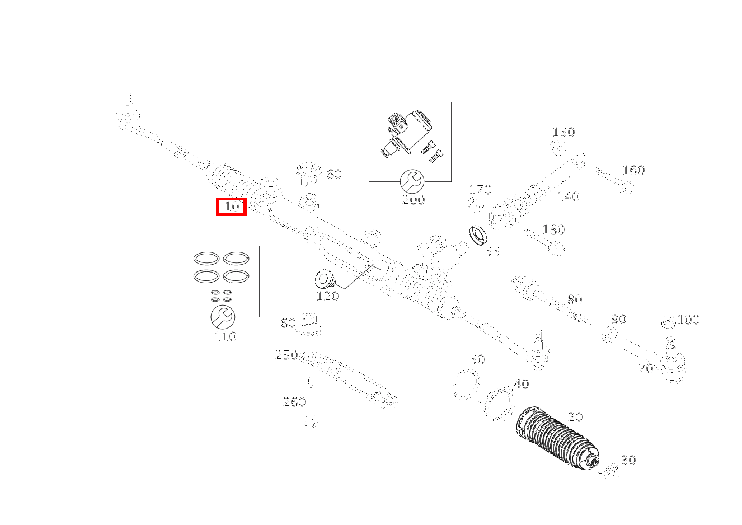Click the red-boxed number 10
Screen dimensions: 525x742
[x=232, y=207]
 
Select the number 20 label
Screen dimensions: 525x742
[x=575, y=417]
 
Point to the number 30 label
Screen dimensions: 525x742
[x=628, y=460]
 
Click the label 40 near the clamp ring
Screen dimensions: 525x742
[x=521, y=384]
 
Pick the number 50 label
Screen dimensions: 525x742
[x=477, y=359]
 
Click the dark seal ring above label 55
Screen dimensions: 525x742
[x=477, y=234]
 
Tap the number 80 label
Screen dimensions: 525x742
[x=575, y=300]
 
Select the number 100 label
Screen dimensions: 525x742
[x=688, y=320]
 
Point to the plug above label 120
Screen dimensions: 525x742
[x=323, y=278]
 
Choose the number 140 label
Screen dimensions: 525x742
[x=568, y=196]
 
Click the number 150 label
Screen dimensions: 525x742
[x=563, y=133]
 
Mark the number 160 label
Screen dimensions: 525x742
[x=633, y=170]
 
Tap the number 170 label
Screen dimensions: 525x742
[x=480, y=190]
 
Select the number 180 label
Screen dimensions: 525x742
[x=553, y=229]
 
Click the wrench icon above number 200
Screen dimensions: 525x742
[x=412, y=181]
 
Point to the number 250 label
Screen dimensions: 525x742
[x=287, y=355]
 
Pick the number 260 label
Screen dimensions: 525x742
[x=294, y=401]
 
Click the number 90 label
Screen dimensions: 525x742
[x=618, y=320]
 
